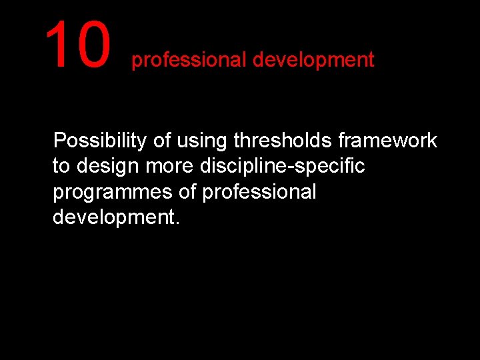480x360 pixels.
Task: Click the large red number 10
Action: (x=77, y=45)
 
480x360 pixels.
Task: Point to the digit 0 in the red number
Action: (x=92, y=45)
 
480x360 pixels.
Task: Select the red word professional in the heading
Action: (x=189, y=61)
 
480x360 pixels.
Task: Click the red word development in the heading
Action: (x=313, y=60)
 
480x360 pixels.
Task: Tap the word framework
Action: (x=388, y=141)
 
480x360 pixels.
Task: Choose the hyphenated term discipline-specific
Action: (x=283, y=167)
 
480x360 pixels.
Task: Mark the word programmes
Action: (x=113, y=193)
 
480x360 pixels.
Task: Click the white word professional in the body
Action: (x=259, y=193)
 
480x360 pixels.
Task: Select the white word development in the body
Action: (x=113, y=217)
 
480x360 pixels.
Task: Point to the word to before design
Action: (x=61, y=167)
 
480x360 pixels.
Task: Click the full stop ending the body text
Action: (x=177, y=223)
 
